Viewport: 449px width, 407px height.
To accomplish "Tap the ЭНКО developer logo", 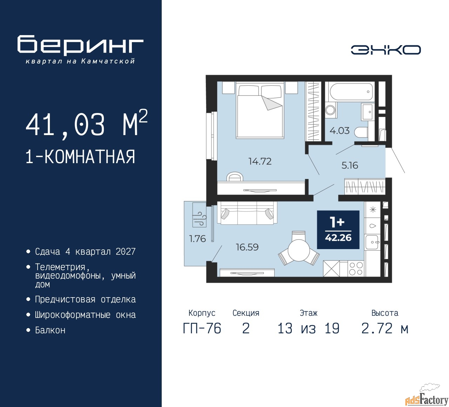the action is coord(386,50).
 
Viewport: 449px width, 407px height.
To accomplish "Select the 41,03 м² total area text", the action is coord(87,124).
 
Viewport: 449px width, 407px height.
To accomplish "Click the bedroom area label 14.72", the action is coord(260,161).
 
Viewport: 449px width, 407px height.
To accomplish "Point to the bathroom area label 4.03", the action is coord(339,131).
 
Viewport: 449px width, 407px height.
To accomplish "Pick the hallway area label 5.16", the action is coord(350,165).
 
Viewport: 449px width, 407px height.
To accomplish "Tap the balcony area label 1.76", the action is coord(197,239).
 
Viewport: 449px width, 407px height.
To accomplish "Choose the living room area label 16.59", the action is coord(247,247).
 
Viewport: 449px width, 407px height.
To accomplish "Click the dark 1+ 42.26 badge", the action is coord(338,230).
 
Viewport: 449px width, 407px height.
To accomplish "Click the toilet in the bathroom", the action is coord(361,132).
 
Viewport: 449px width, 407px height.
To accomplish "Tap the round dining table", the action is coord(299,250).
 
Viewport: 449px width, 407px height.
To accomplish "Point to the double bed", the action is coord(260,110).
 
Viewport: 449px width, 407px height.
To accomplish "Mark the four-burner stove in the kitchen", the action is coord(356,269).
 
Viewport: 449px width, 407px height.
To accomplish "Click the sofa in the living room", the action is coord(247,213).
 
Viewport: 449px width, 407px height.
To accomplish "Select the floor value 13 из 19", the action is coord(308,329).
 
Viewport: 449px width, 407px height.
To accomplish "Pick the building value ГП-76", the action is coord(202,329).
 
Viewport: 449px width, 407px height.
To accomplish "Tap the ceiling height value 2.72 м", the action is coord(385,329).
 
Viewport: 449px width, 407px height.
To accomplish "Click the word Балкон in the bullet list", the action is coord(50,330).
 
